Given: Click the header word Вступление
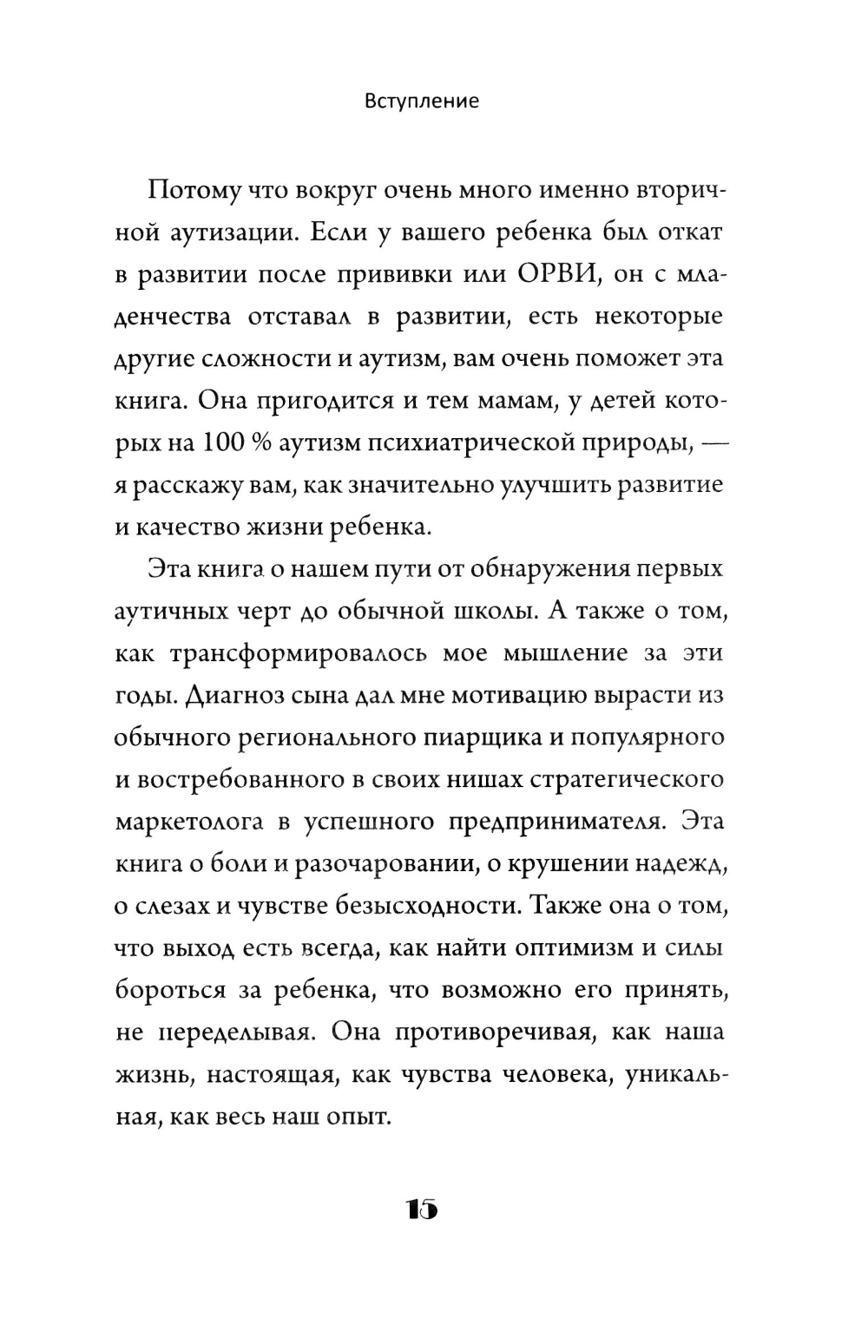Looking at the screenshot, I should point(422,101).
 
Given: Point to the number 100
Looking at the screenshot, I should point(228,443).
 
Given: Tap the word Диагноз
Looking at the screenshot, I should point(226,696).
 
